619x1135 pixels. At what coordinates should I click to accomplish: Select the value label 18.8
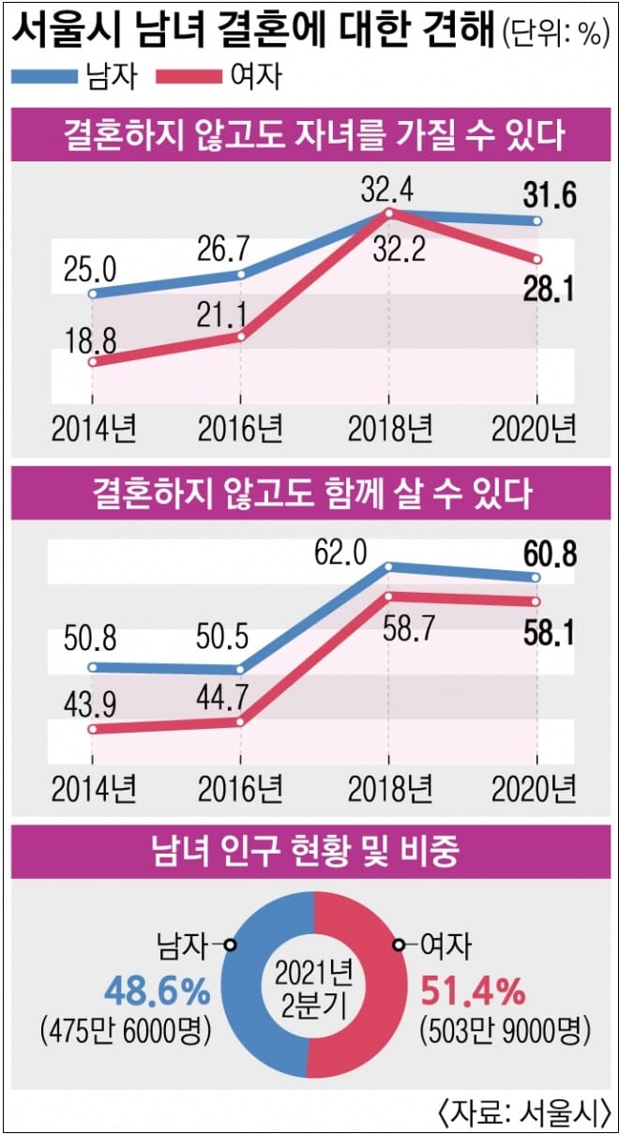(x=90, y=335)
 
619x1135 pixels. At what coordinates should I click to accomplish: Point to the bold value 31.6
(x=547, y=197)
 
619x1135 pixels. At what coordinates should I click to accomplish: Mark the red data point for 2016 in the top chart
(x=241, y=336)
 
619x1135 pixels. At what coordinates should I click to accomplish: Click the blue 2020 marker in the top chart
(x=536, y=221)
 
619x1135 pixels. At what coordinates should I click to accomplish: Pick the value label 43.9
(x=90, y=701)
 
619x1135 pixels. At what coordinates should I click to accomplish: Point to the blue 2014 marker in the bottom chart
(x=92, y=668)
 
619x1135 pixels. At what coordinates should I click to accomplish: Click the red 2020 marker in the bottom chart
(x=536, y=601)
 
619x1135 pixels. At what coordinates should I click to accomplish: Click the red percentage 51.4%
(x=473, y=990)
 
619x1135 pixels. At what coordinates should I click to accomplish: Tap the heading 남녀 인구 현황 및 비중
(x=309, y=854)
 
